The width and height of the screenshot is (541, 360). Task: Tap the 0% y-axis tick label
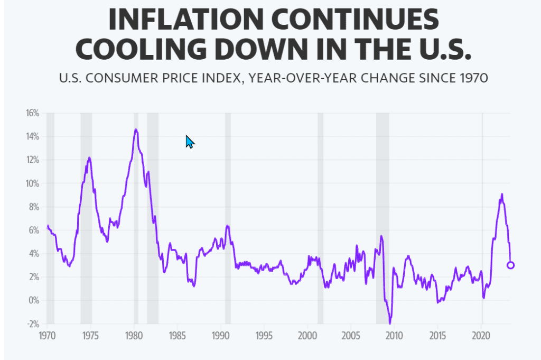click(34, 300)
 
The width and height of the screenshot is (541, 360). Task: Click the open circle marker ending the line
click(510, 265)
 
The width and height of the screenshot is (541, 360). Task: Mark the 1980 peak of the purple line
click(136, 130)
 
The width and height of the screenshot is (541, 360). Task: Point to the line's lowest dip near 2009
click(390, 322)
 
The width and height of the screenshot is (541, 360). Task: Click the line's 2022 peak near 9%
click(501, 195)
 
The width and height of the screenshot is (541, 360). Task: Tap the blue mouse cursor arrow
click(190, 141)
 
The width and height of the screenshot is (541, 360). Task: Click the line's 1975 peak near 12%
click(89, 158)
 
